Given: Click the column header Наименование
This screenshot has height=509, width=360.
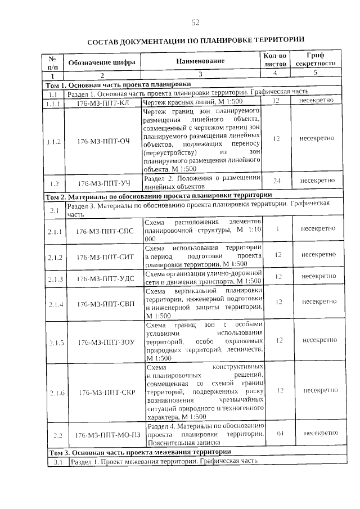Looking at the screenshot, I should (200, 61).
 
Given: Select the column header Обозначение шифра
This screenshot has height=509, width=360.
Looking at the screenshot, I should (102, 62).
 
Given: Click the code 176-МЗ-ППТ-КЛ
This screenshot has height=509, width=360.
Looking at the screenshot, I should (102, 101).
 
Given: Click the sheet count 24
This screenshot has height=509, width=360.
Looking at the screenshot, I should (276, 181).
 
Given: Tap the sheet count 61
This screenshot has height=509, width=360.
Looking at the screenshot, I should (276, 433).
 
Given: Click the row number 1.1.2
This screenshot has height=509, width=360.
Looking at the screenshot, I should (54, 141).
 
